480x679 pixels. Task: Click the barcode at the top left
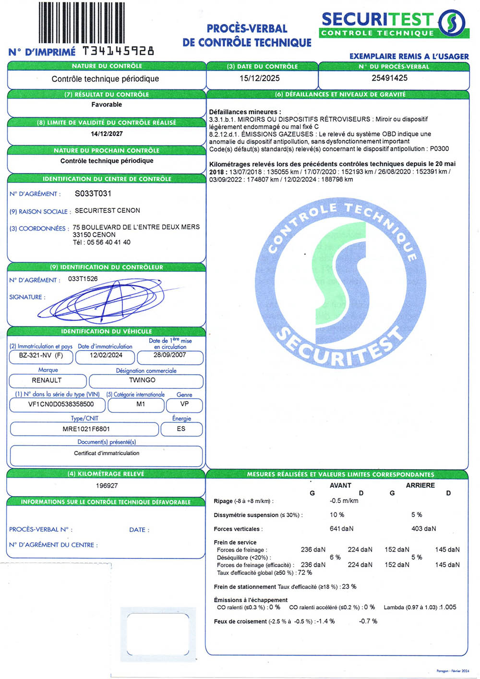coord(81,23)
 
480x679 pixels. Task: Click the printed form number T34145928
coord(119,51)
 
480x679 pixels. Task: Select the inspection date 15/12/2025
coord(259,78)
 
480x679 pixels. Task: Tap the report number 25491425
coord(389,78)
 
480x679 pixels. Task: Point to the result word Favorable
coord(107,104)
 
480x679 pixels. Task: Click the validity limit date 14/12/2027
coord(107,133)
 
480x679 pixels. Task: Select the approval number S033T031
coord(93,194)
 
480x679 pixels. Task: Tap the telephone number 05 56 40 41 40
coord(108,242)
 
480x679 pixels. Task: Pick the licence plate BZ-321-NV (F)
coord(41,355)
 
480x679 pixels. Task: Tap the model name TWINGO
coord(142,380)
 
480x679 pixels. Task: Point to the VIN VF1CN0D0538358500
coord(61,404)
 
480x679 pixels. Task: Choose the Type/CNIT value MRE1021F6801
coord(86,429)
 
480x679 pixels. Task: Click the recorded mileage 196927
coord(107,485)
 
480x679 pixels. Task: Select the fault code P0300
coord(439,149)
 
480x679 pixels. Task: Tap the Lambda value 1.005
coord(448,607)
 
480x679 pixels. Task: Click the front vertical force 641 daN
coord(341,529)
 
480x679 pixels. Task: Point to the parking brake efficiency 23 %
coord(349,586)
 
